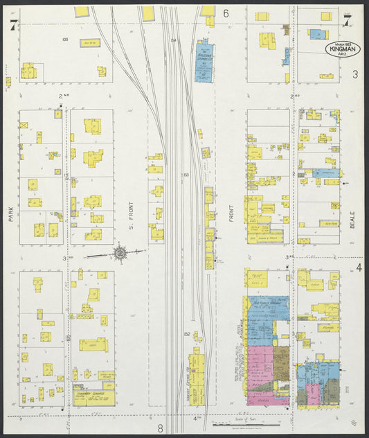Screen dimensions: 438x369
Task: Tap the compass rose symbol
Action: pyautogui.click(x=120, y=253)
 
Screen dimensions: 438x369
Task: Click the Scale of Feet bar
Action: pyautogui.click(x=246, y=423)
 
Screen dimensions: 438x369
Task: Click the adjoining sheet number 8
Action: pyautogui.click(x=159, y=428)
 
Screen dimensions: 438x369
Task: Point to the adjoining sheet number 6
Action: pyautogui.click(x=226, y=13)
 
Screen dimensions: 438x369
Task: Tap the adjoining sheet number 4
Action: pyautogui.click(x=359, y=268)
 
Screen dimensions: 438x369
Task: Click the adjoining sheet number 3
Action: pyautogui.click(x=354, y=74)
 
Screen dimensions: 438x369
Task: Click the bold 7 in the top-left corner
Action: pyautogui.click(x=12, y=25)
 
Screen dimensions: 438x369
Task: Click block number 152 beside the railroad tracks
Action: pyautogui.click(x=187, y=334)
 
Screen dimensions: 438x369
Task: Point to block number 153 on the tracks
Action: pyautogui.click(x=186, y=175)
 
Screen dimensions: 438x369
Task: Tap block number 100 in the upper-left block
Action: pyautogui.click(x=64, y=40)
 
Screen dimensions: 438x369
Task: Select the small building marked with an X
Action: pyautogui.click(x=24, y=125)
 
